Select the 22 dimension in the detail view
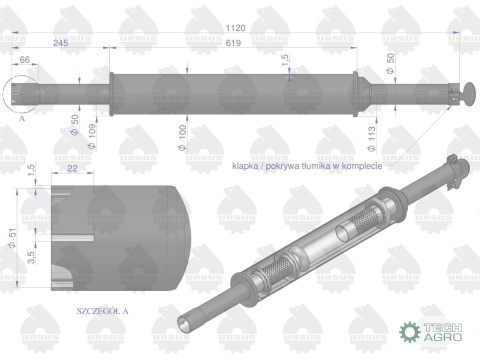72,170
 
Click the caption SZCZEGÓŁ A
104,311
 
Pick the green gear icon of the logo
407,331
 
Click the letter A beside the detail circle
22,117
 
